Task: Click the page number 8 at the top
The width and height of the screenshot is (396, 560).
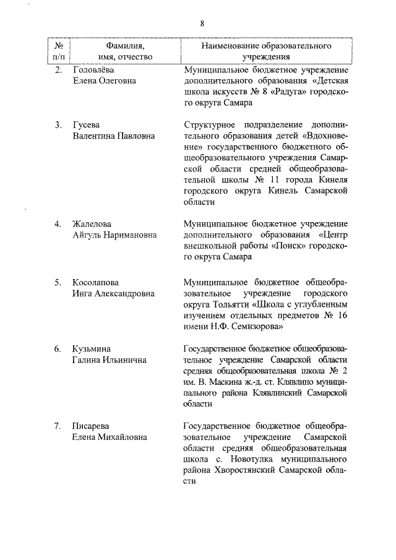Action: coord(202,24)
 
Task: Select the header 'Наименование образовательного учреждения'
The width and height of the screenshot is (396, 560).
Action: coord(265,52)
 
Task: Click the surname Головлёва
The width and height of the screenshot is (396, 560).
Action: coord(93,70)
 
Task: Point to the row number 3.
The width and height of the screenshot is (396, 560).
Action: coord(57,126)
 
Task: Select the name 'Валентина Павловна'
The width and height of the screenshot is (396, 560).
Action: coord(114,136)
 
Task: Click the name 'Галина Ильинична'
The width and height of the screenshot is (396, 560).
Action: coord(110,360)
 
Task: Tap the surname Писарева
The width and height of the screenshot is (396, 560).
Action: coord(92,426)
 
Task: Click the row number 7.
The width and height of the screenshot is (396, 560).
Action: coord(57,426)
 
